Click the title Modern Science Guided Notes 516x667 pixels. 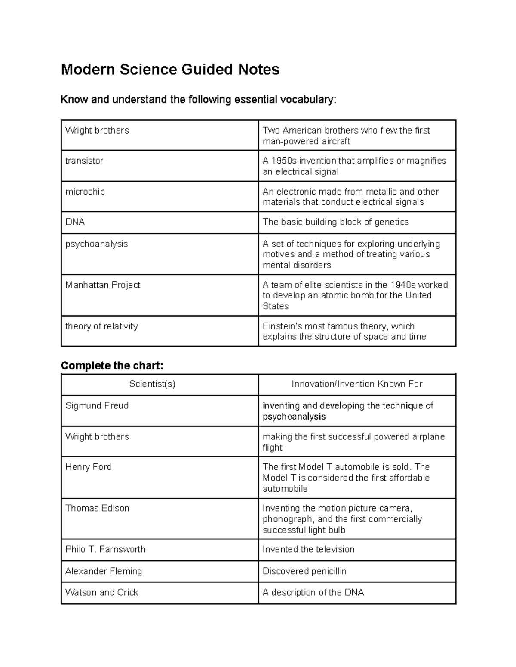[170, 69]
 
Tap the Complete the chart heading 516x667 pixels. [112, 365]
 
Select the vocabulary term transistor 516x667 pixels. [84, 161]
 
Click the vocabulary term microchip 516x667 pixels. [85, 192]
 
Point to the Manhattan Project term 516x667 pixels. [103, 285]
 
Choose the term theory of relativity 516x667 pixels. [101, 326]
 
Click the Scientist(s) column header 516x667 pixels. [152, 384]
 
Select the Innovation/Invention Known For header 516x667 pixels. [357, 384]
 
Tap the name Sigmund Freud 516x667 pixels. [97, 405]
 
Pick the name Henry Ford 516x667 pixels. [88, 467]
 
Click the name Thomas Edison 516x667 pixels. [97, 508]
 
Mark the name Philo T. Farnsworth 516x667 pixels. [105, 549]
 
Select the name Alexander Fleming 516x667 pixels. [104, 571]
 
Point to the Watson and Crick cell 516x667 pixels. [101, 592]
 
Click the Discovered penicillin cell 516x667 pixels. [304, 571]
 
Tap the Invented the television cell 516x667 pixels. [308, 549]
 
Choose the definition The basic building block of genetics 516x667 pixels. [335, 222]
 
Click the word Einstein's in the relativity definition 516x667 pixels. [283, 326]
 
